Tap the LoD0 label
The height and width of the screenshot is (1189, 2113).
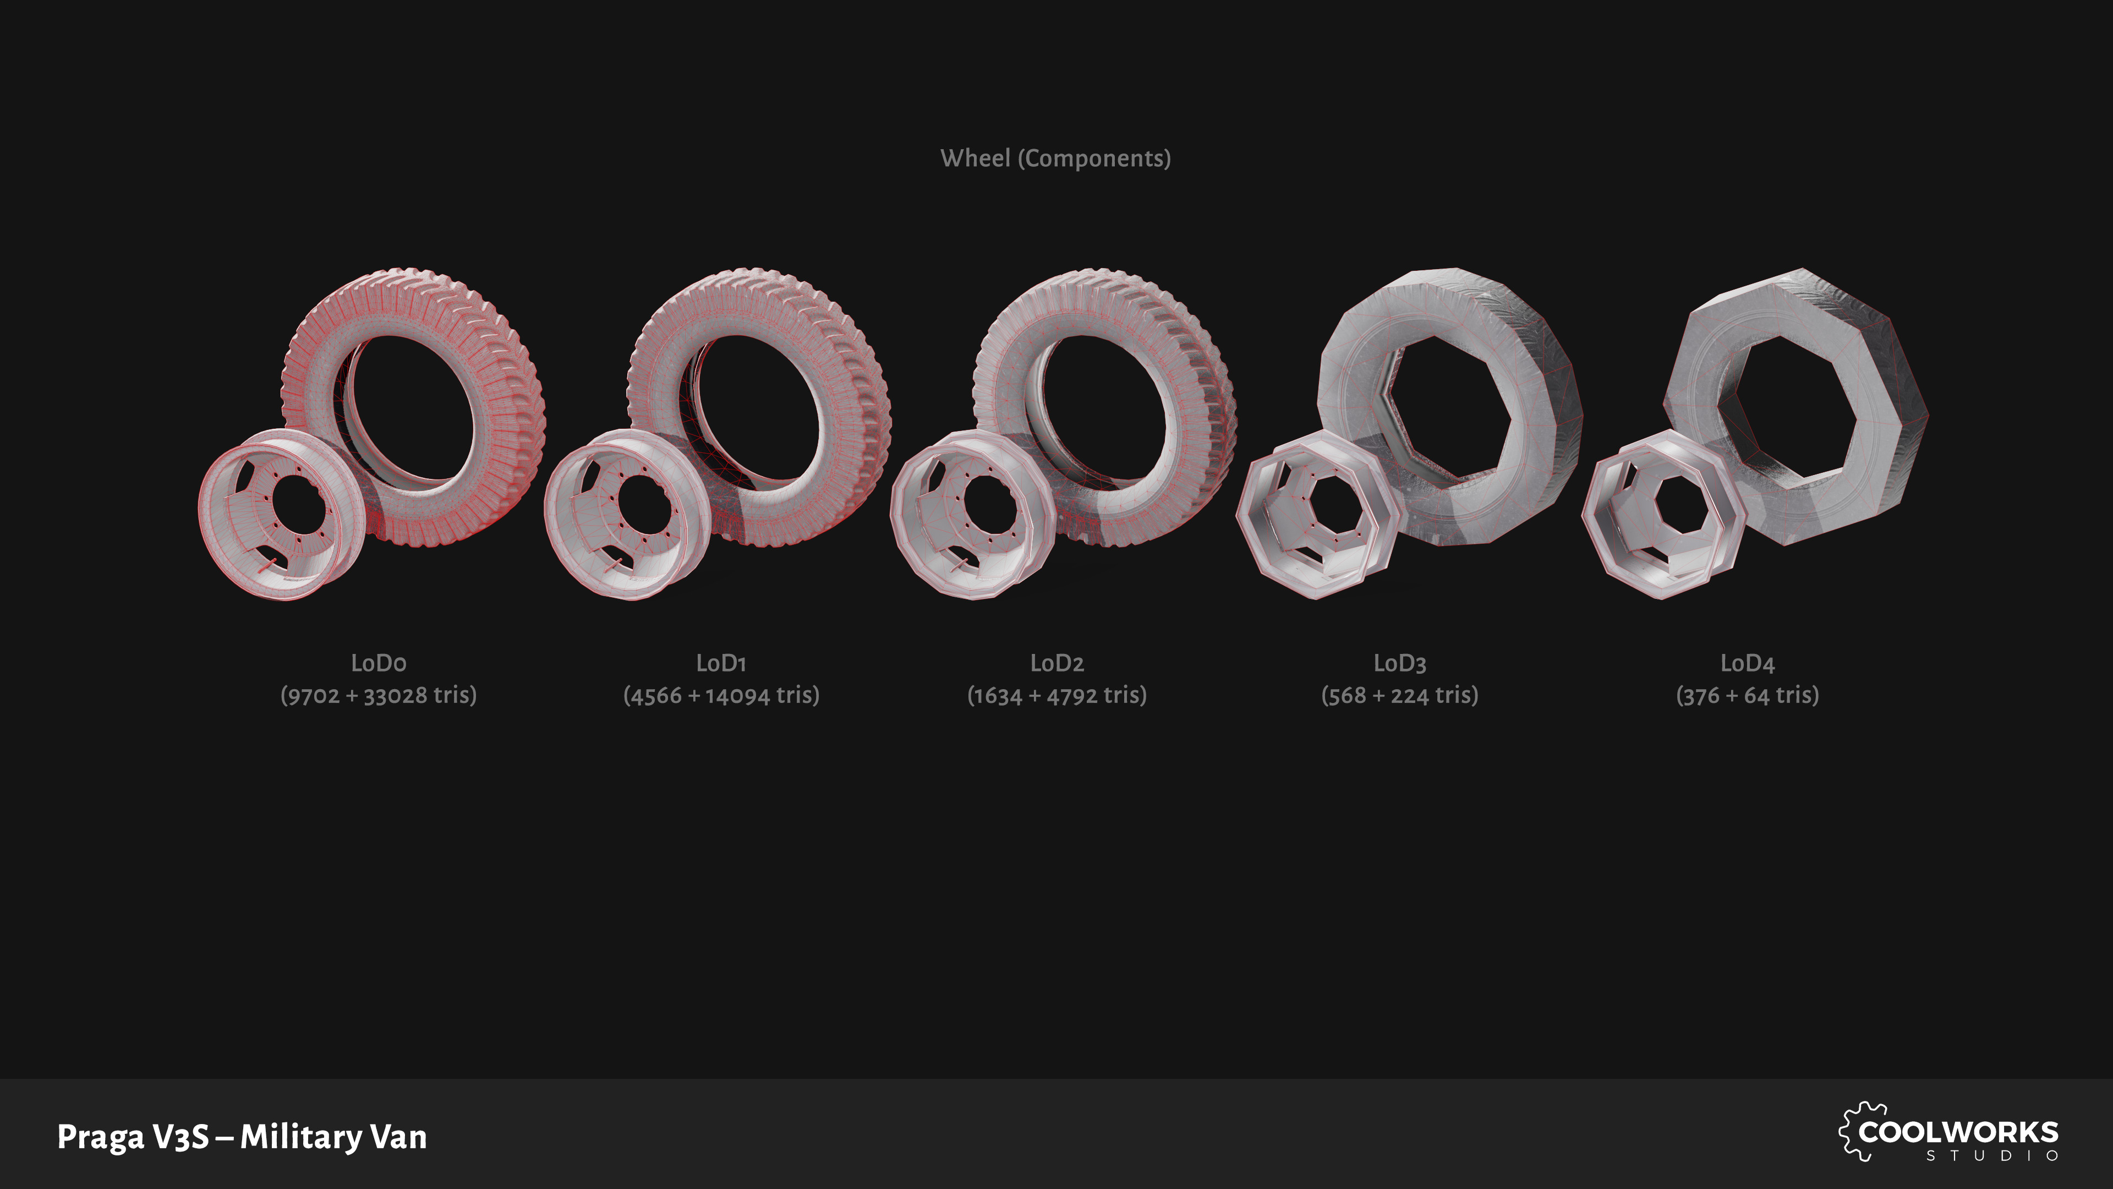(378, 662)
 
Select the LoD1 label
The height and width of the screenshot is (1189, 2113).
(721, 662)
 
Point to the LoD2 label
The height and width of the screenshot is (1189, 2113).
(1056, 662)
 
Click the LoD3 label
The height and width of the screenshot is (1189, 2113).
(1399, 662)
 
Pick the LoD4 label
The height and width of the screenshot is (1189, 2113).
(1747, 662)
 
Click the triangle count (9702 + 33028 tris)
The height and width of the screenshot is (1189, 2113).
(378, 695)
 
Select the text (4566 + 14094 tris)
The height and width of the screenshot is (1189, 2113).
(721, 695)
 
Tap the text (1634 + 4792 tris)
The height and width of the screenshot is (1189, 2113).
(1056, 695)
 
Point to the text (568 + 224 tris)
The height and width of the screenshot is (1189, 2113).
(1399, 695)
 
